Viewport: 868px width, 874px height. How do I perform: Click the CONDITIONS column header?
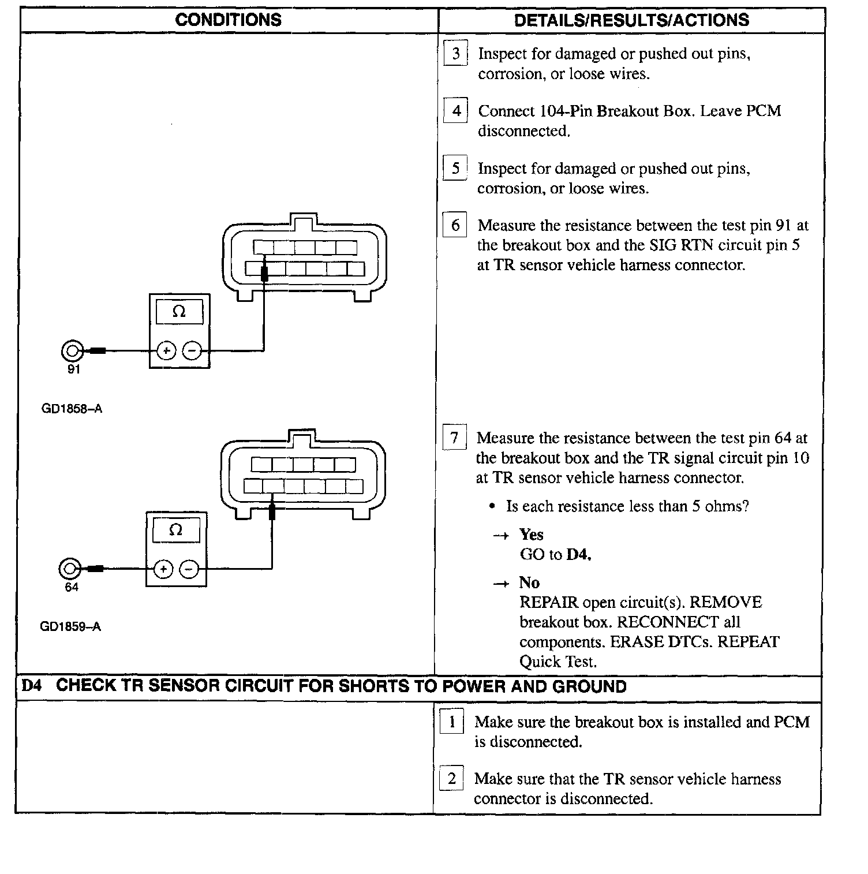point(228,20)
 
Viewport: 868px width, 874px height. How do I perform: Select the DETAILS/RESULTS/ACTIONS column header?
point(631,20)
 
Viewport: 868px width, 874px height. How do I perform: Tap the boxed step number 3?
point(455,54)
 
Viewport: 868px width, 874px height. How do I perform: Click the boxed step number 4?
point(455,110)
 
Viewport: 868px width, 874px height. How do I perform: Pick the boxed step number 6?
point(455,225)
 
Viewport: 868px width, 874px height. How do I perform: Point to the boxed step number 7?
point(454,438)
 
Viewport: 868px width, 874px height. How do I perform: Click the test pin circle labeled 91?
point(72,350)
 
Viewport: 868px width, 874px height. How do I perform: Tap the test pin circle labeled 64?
point(69,569)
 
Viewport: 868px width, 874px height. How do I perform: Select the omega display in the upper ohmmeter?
point(179,312)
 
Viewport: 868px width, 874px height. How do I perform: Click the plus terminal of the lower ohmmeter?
point(164,569)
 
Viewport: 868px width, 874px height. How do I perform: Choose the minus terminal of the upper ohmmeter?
point(192,350)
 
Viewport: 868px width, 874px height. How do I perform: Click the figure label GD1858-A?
point(72,409)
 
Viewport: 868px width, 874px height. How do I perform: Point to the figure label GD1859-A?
point(70,626)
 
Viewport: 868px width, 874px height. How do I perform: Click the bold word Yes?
point(531,534)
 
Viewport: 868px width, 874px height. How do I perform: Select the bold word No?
point(529,582)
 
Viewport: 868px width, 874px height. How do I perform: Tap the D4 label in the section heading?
point(32,686)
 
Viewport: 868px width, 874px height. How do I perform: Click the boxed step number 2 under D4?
point(451,779)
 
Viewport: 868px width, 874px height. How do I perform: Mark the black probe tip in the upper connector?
point(264,274)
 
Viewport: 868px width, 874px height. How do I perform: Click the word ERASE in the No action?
point(635,642)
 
